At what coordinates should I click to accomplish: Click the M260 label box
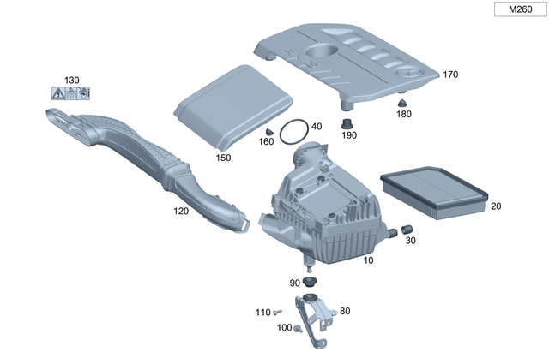pyautogui.click(x=518, y=10)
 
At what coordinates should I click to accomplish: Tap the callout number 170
pyautogui.click(x=450, y=75)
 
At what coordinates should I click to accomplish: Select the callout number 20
pyautogui.click(x=496, y=206)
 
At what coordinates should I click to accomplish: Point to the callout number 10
pyautogui.click(x=369, y=260)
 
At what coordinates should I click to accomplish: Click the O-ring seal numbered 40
pyautogui.click(x=293, y=132)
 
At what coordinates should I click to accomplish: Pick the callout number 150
pyautogui.click(x=223, y=158)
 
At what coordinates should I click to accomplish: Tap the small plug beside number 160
pyautogui.click(x=268, y=130)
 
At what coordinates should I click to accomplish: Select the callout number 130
pyautogui.click(x=72, y=80)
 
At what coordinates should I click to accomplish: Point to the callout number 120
pyautogui.click(x=182, y=210)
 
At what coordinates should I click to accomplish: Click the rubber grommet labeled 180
pyautogui.click(x=401, y=104)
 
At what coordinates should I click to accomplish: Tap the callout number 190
pyautogui.click(x=349, y=134)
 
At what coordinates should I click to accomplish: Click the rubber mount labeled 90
pyautogui.click(x=309, y=283)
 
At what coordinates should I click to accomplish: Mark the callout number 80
pyautogui.click(x=345, y=311)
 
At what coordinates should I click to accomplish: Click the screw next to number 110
pyautogui.click(x=279, y=312)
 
